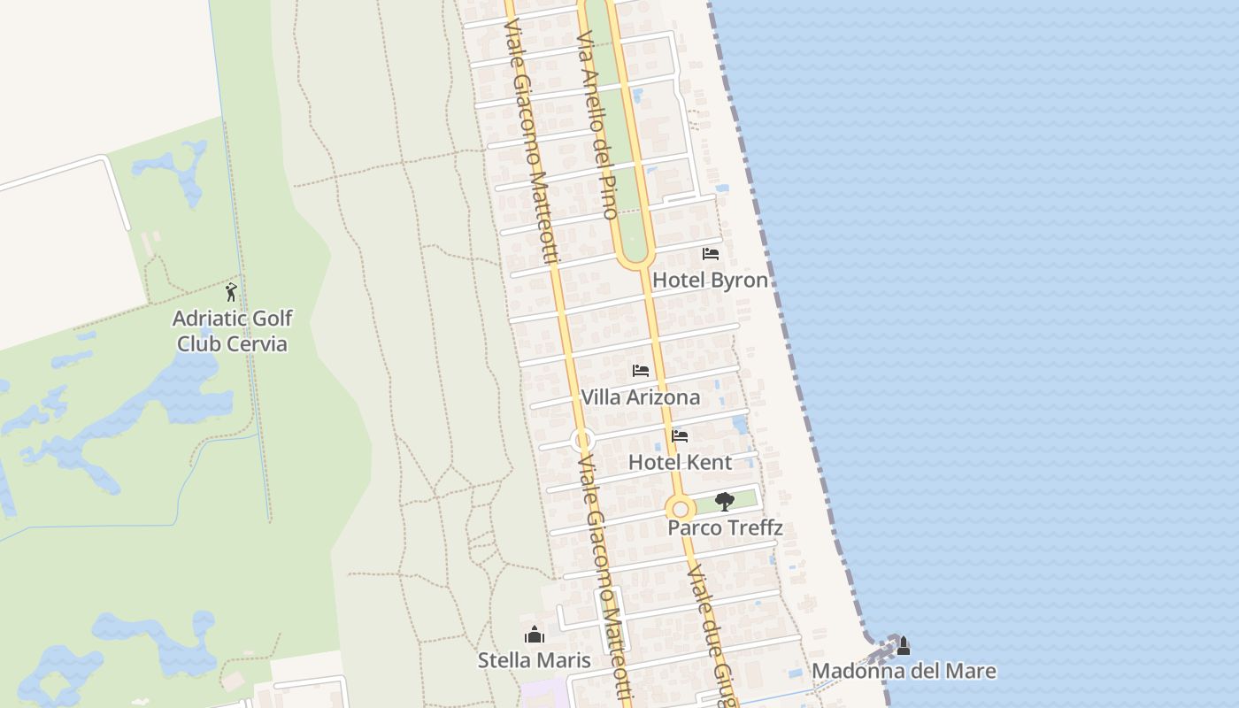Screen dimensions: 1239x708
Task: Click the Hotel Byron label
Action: [710, 281]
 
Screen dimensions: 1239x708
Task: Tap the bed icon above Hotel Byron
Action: [710, 254]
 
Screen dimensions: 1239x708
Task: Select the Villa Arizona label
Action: [640, 397]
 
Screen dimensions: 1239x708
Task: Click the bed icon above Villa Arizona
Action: [641, 371]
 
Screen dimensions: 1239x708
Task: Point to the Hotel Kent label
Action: [680, 462]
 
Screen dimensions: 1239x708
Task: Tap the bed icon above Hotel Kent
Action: [680, 436]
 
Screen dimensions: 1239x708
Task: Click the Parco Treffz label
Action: [725, 528]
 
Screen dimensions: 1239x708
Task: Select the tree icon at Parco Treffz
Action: [725, 502]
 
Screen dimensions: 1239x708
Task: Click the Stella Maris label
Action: [534, 660]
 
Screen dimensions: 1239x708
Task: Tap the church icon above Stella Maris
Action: [534, 635]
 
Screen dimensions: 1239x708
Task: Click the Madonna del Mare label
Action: [904, 672]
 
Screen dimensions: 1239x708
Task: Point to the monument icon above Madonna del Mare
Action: [904, 646]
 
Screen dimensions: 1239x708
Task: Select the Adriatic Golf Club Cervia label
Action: [233, 331]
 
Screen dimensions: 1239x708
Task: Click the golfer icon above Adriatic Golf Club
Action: [232, 292]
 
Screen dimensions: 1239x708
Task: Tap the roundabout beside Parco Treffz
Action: [680, 509]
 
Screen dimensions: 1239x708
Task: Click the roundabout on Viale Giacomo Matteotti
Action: [581, 439]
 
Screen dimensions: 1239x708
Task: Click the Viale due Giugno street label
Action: [712, 633]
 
